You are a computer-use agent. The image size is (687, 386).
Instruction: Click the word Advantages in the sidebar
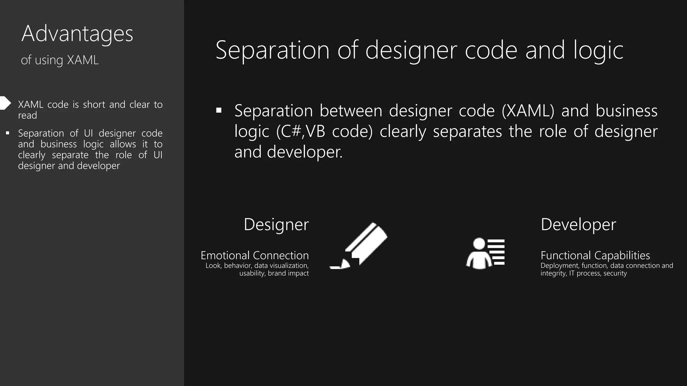click(x=77, y=34)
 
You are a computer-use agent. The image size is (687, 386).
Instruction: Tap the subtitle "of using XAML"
click(x=60, y=60)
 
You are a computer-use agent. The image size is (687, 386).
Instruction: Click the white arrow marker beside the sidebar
click(x=5, y=103)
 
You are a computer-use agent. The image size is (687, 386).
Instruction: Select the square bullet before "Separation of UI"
click(x=7, y=133)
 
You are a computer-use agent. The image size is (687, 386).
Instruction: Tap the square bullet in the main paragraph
click(x=219, y=110)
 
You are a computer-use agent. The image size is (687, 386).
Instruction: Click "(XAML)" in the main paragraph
click(x=528, y=111)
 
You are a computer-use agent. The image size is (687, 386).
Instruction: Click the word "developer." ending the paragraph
click(x=305, y=152)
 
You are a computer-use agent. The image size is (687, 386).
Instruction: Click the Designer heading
click(x=276, y=224)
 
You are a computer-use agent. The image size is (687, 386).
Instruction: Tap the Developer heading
click(x=578, y=224)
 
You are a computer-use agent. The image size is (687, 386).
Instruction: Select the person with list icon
click(x=485, y=253)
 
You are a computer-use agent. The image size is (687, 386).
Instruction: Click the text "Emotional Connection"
click(x=255, y=255)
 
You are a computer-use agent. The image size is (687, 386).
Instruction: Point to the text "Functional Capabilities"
click(x=595, y=255)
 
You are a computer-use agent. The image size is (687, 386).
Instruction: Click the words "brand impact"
click(x=288, y=273)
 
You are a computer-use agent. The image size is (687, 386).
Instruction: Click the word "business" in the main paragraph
click(x=626, y=111)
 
